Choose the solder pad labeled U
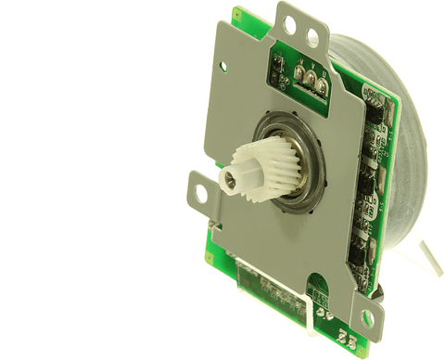(x=321, y=87)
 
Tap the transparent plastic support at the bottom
(x=306, y=315)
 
